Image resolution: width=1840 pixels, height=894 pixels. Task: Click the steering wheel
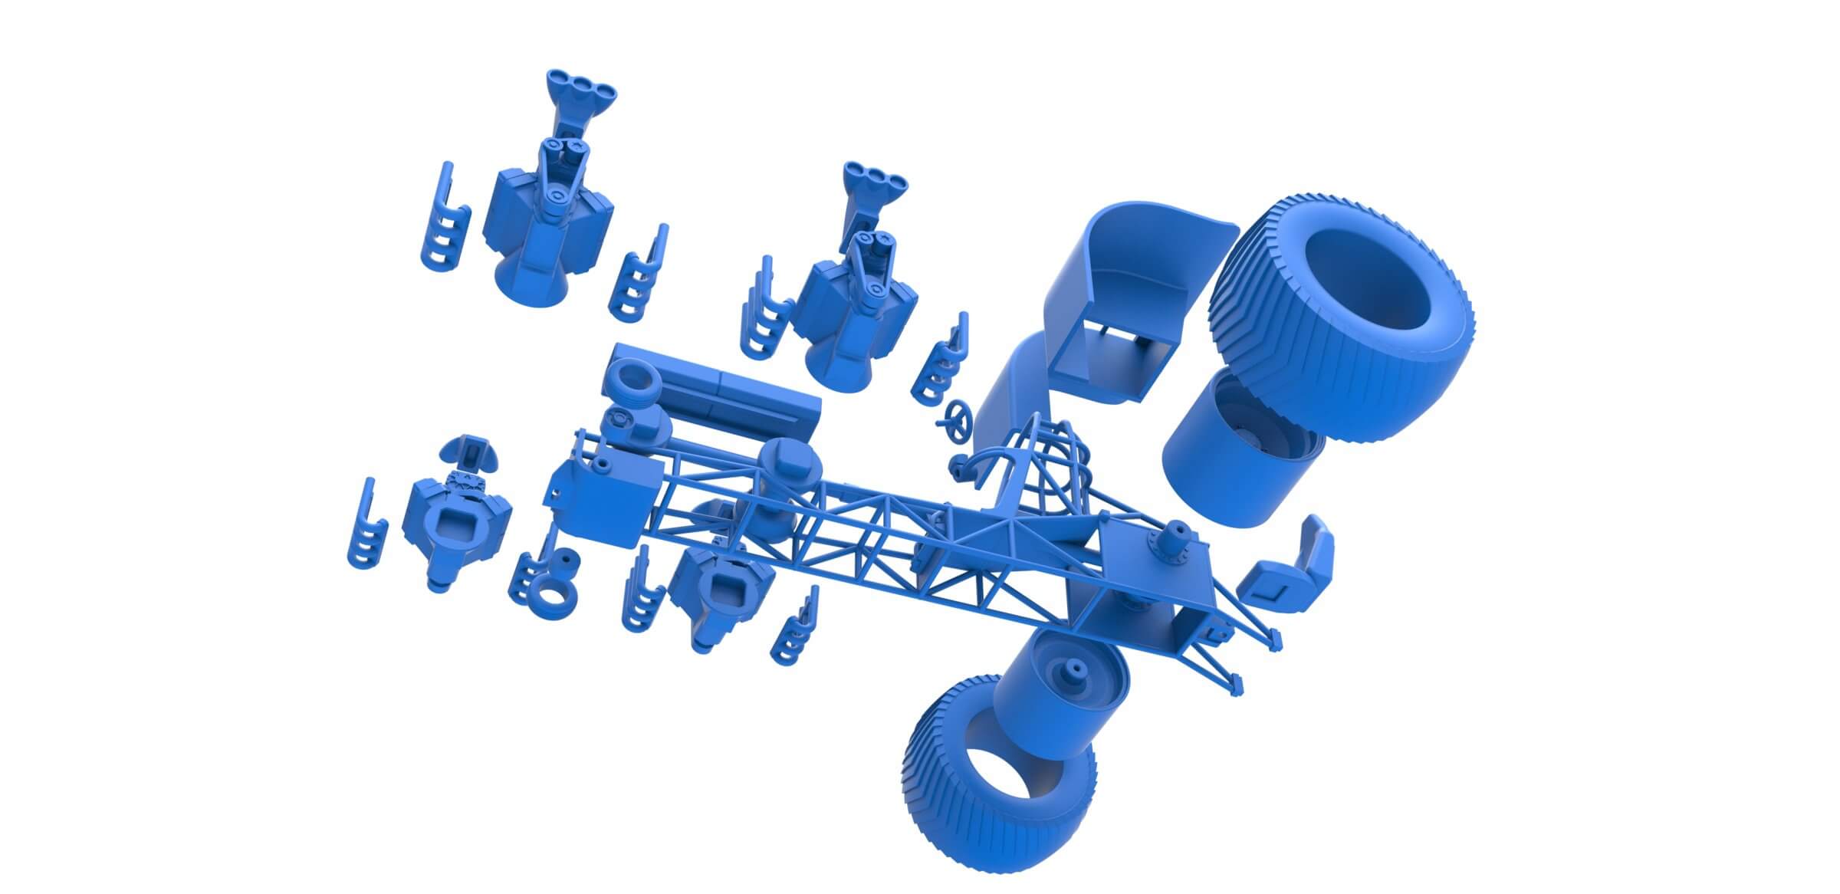pyautogui.click(x=958, y=419)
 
